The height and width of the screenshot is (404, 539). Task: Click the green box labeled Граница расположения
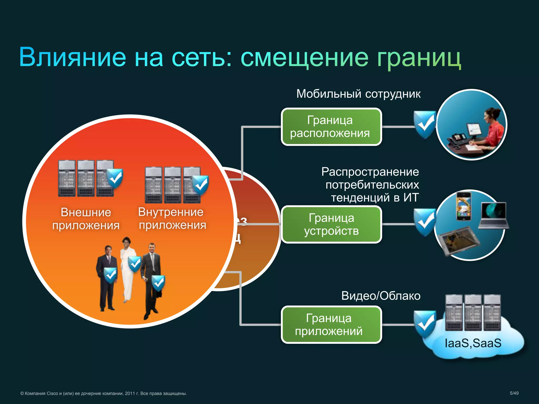click(x=331, y=127)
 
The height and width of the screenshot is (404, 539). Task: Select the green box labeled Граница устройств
click(x=331, y=224)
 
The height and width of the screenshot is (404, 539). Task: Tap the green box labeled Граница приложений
click(x=331, y=325)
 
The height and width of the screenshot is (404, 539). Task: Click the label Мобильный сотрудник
click(x=358, y=94)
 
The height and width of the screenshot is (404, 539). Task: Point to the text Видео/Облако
click(x=381, y=296)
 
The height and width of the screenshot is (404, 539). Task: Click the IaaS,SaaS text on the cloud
click(x=473, y=343)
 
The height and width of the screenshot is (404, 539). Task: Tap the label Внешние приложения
click(x=86, y=219)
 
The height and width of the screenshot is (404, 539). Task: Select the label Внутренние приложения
click(x=172, y=219)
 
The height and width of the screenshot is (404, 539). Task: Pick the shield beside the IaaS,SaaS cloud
click(x=425, y=324)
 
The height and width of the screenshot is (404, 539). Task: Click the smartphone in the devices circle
click(x=463, y=206)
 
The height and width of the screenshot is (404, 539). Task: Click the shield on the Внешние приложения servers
click(x=115, y=179)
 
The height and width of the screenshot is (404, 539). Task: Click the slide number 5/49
click(x=514, y=393)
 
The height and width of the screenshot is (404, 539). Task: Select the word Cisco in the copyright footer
click(x=52, y=393)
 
